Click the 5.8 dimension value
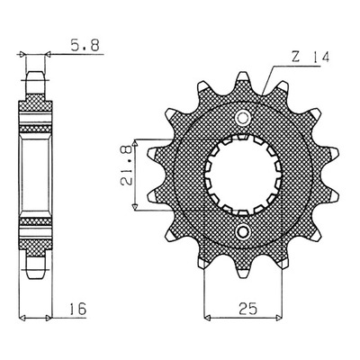pos(85,46)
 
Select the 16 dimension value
pos(77,309)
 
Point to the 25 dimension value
pos(248,308)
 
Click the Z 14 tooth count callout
pos(310,57)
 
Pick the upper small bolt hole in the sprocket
pos(243,117)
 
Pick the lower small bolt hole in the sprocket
pos(243,231)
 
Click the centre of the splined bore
pos(243,175)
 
